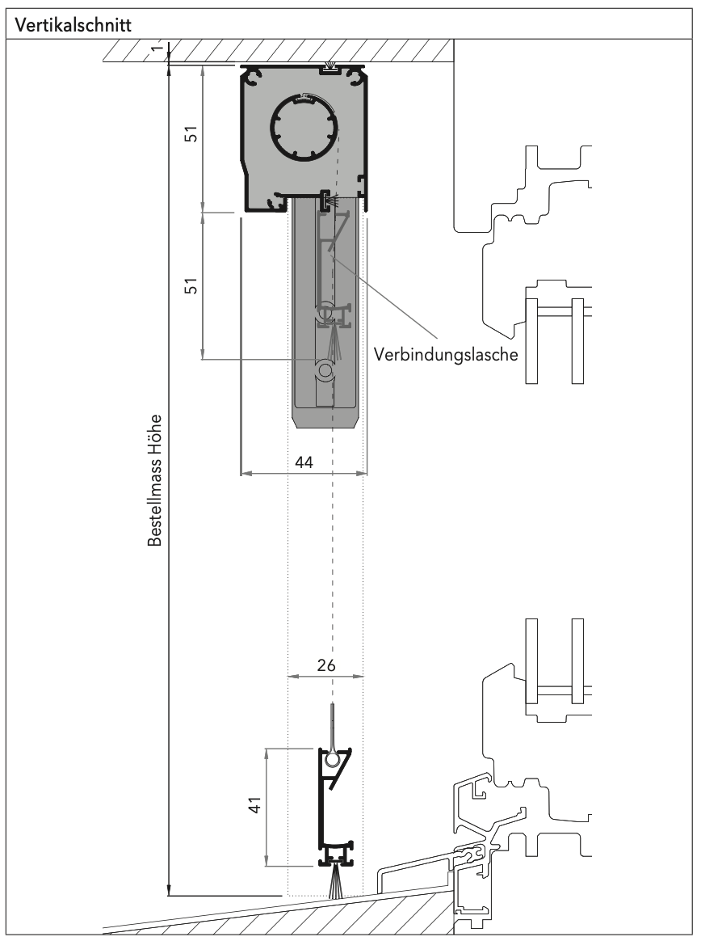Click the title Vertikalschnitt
(x=73, y=25)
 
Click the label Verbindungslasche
(x=446, y=354)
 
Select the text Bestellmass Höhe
(x=155, y=480)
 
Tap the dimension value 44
(x=304, y=462)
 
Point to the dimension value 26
(x=326, y=665)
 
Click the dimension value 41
(x=255, y=804)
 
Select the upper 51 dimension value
(x=191, y=134)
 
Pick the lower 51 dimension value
(x=191, y=285)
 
